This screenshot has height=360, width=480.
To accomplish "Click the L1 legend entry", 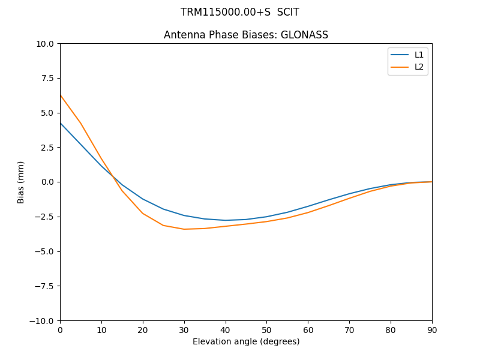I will (419, 55).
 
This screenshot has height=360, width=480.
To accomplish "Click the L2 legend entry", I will (419, 67).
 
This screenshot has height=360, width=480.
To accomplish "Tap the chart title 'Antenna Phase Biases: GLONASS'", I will (246, 35).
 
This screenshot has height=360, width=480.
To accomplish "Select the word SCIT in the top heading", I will (288, 12).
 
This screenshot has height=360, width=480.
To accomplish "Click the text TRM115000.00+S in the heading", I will (224, 12).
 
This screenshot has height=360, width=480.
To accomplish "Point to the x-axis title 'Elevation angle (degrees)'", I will (246, 342).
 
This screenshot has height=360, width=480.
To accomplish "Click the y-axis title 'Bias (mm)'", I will (21, 182).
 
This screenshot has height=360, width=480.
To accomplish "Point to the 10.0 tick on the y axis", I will (46, 43).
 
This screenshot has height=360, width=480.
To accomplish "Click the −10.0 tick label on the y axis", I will (43, 320).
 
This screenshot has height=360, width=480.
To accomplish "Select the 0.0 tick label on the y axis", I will (48, 182).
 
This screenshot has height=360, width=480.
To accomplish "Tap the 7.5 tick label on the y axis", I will (48, 78).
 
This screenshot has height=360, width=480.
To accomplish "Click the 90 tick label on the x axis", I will (432, 329).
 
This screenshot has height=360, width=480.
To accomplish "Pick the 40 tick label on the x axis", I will (226, 329).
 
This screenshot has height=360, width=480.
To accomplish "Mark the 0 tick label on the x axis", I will (60, 329).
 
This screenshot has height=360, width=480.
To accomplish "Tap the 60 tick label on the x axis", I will (308, 329).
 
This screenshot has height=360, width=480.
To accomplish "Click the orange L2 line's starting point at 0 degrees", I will (60, 95).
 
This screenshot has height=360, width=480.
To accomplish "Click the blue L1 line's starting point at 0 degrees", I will (60, 123).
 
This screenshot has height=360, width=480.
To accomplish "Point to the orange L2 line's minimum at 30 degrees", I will (184, 229).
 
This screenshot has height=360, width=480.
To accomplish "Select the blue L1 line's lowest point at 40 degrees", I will (226, 220).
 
